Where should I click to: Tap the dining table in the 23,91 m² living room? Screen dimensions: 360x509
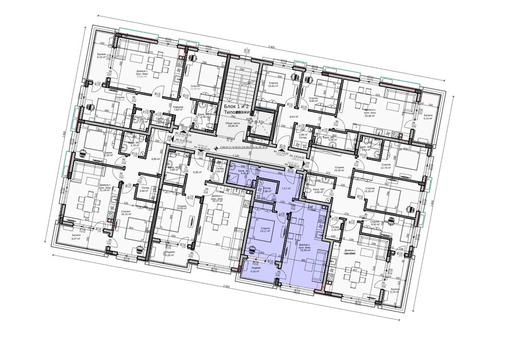[162, 66]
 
